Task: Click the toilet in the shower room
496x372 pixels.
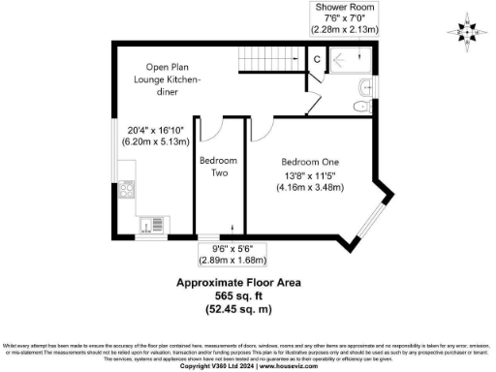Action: pyautogui.click(x=363, y=88)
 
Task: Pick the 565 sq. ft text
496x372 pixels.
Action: pyautogui.click(x=237, y=295)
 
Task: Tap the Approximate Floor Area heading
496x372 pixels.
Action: pyautogui.click(x=237, y=283)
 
